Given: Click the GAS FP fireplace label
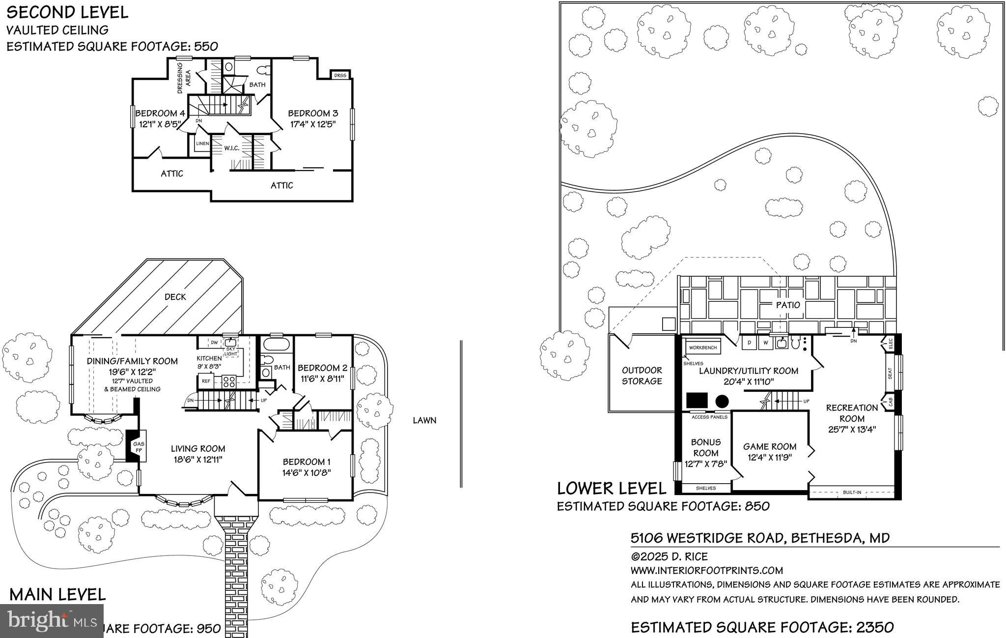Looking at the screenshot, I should (x=139, y=447).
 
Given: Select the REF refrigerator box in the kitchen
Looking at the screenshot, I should (x=205, y=381).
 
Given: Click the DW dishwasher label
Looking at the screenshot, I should (x=214, y=342).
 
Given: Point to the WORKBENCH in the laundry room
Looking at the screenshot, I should (x=702, y=348).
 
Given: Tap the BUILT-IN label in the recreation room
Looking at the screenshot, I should (x=852, y=492).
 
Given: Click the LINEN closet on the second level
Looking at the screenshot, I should (x=202, y=144).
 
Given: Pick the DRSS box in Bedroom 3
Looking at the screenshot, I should (x=339, y=75).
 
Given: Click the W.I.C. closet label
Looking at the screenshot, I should (x=232, y=148).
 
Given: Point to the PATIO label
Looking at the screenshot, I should (x=788, y=305).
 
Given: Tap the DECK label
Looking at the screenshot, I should (x=175, y=296).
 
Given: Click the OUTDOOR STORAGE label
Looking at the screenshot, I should (x=642, y=376).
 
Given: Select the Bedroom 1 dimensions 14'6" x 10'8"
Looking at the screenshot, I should (x=307, y=473).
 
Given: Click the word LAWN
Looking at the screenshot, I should (x=424, y=420).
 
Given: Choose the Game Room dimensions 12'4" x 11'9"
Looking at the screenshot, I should (x=769, y=457).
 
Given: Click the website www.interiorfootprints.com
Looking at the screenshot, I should (x=706, y=571).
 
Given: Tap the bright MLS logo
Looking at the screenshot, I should (x=52, y=621).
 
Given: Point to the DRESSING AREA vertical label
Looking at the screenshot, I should (x=184, y=78).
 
